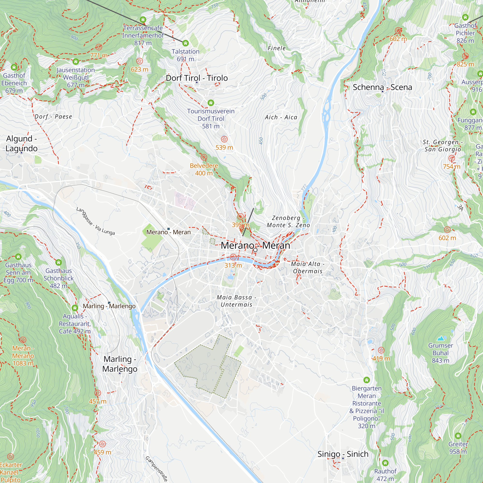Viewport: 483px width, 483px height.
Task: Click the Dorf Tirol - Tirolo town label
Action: (x=197, y=78)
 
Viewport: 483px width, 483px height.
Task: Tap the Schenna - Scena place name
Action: (x=382, y=87)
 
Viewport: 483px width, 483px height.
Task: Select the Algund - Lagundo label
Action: (x=21, y=143)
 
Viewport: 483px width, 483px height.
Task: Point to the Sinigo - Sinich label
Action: (x=343, y=454)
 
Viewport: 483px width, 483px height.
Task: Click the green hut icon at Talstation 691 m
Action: (x=185, y=43)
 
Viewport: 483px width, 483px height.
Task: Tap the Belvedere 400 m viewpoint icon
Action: (x=204, y=157)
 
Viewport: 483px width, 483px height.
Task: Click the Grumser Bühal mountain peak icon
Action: (x=441, y=339)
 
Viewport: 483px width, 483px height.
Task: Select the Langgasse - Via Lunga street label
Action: (x=95, y=221)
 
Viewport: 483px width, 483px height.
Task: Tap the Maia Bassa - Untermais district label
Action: (x=236, y=301)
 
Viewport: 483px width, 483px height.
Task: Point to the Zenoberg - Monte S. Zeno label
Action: (x=288, y=221)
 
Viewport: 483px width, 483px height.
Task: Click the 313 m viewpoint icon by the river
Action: (x=233, y=257)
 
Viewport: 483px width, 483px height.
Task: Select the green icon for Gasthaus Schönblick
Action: (x=58, y=262)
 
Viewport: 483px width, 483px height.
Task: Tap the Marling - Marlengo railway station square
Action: (x=109, y=303)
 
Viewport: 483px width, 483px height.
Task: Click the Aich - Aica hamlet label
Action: (x=281, y=117)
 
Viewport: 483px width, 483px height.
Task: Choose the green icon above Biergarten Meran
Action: (x=367, y=380)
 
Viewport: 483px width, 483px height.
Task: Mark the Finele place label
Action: (x=277, y=48)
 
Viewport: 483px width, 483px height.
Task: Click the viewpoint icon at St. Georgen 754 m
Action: (x=451, y=158)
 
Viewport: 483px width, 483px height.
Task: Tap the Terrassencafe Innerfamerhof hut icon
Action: (x=143, y=20)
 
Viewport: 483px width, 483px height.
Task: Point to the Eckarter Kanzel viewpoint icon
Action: (x=10, y=456)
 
